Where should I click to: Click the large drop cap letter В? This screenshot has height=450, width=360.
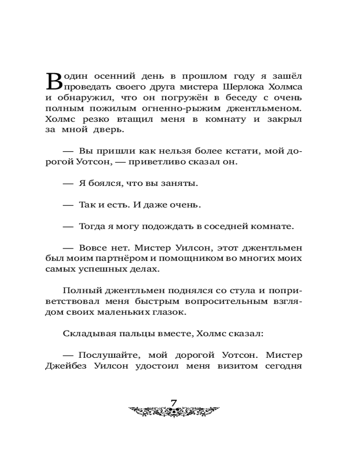click(54, 81)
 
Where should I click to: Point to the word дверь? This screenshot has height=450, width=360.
click(108, 130)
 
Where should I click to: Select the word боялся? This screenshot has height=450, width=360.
click(103, 184)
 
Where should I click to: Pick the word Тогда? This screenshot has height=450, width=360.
click(91, 226)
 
